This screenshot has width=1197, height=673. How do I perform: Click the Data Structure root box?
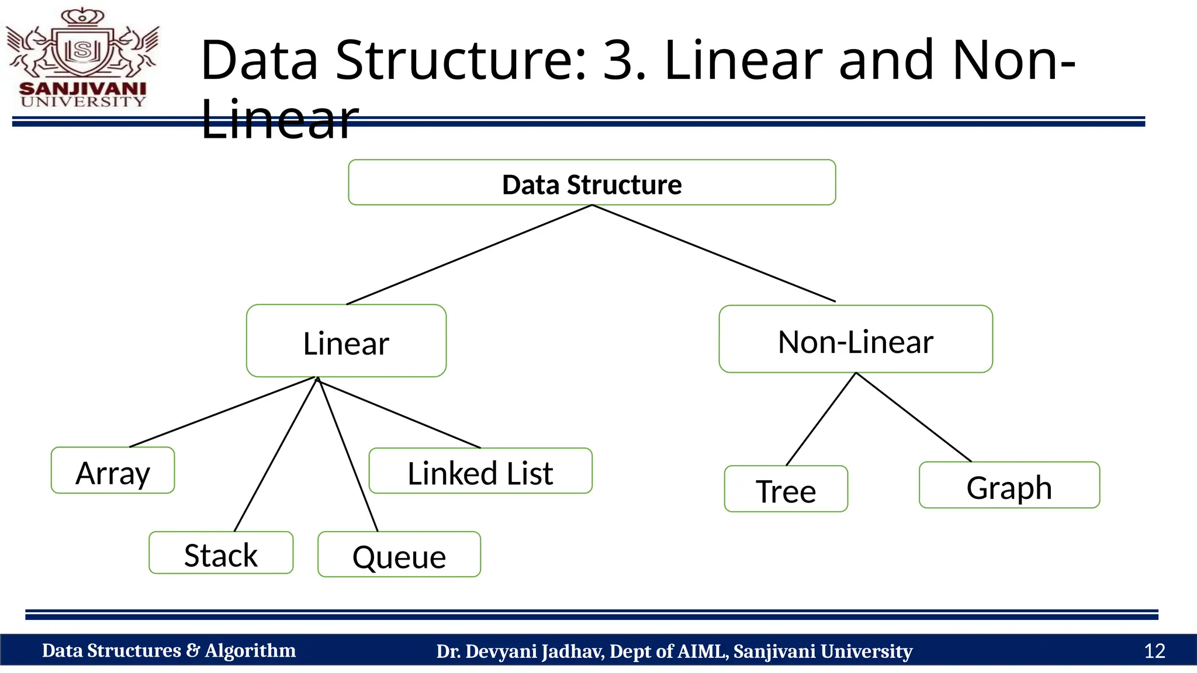[x=591, y=183]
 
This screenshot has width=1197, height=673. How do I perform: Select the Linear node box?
[x=346, y=341]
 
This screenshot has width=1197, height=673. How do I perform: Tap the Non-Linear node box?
[x=855, y=339]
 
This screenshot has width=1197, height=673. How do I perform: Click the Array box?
[x=113, y=471]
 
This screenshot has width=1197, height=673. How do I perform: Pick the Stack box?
[x=221, y=553]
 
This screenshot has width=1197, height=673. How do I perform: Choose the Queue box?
[x=399, y=555]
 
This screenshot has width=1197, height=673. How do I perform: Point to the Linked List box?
[x=480, y=471]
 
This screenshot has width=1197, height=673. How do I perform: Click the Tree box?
[x=786, y=490]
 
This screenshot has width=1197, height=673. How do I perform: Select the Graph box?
[x=1009, y=485]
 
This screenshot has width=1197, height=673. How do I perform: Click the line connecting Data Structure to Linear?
[x=469, y=255]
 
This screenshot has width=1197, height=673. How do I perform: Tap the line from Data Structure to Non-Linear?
[x=714, y=253]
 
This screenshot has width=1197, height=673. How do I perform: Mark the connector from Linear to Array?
[x=222, y=412]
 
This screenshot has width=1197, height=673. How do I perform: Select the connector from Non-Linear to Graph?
[x=913, y=417]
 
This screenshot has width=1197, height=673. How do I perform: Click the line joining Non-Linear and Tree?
[x=821, y=419]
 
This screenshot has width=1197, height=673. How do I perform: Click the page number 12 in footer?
[x=1154, y=651]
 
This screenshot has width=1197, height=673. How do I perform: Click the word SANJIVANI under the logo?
[x=83, y=89]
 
